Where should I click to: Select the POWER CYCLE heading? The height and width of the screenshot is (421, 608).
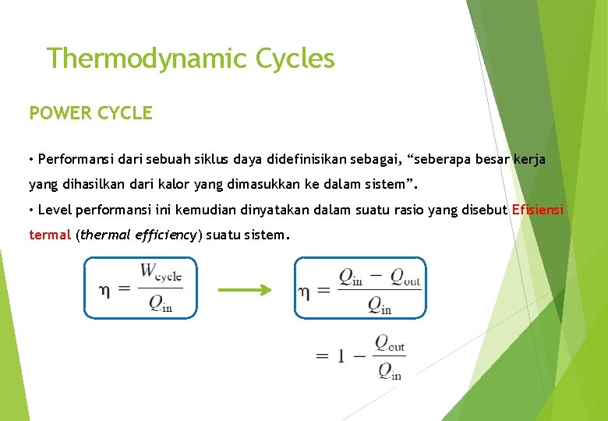(x=90, y=113)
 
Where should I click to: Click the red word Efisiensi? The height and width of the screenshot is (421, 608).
(x=539, y=210)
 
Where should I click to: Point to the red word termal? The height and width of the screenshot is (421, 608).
(x=50, y=235)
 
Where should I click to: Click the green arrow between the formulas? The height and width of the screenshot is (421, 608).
(x=244, y=289)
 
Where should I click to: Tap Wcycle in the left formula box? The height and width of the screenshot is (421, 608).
(x=161, y=274)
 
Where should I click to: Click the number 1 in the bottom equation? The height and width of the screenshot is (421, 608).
(x=341, y=356)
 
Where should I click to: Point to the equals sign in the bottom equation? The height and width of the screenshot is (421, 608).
(x=322, y=356)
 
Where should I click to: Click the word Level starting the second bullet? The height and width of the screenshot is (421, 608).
(x=54, y=210)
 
